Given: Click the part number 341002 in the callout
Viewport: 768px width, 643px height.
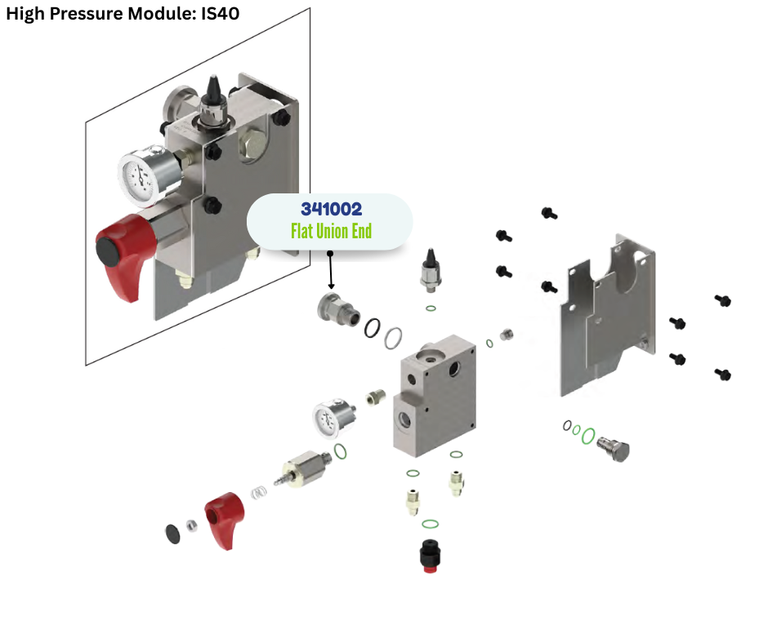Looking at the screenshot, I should click(x=331, y=210).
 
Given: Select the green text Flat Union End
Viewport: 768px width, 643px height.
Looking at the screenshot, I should click(x=331, y=231).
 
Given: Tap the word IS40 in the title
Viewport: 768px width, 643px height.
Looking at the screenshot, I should click(x=220, y=14).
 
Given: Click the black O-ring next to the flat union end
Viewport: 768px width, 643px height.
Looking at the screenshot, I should click(x=372, y=326).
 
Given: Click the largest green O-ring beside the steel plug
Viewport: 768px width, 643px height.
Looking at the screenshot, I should click(x=587, y=436).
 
